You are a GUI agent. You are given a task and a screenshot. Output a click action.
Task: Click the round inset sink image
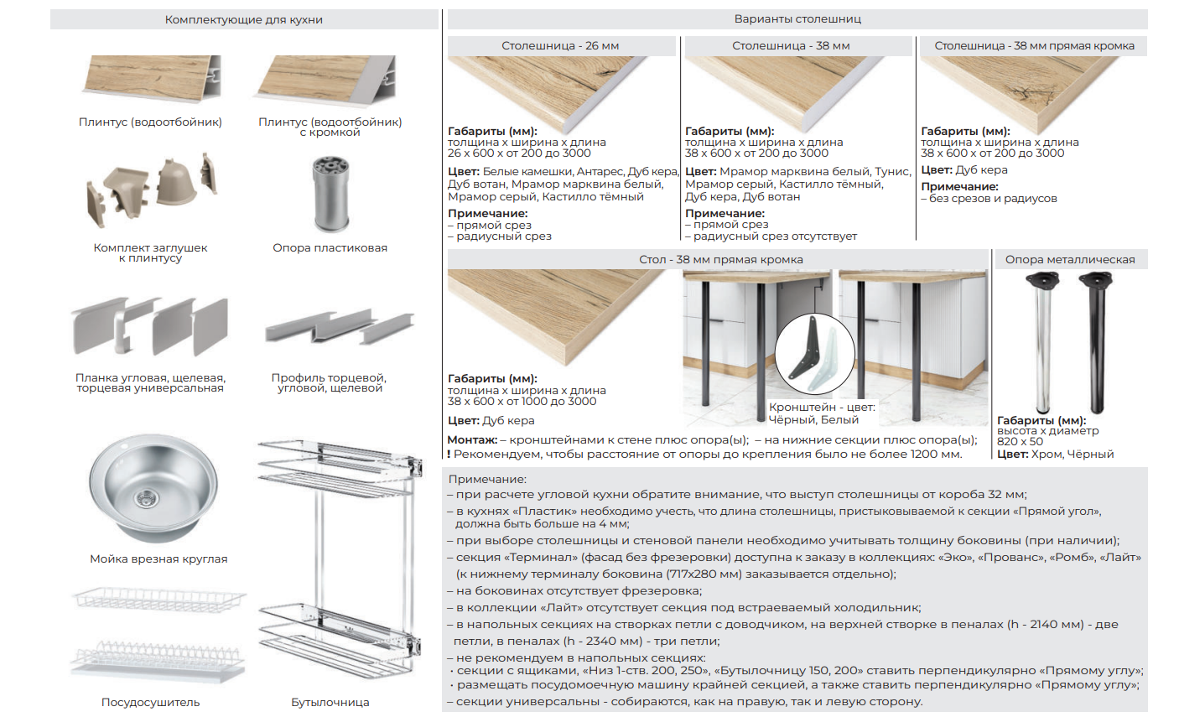(x=153, y=489)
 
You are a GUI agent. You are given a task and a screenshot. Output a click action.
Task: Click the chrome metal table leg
(x=1042, y=342)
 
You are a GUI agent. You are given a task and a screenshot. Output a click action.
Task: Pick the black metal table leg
(x=1096, y=342)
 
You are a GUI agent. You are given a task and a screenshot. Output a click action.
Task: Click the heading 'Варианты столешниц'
(x=797, y=19)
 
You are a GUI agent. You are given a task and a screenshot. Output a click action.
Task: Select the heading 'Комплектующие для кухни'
(x=244, y=20)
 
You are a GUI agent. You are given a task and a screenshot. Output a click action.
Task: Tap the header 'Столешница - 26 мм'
(x=560, y=46)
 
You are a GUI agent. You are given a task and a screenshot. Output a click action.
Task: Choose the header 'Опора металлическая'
(x=1070, y=259)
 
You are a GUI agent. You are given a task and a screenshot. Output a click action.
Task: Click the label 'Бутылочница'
(x=330, y=702)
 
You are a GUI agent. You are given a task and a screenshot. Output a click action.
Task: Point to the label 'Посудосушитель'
(x=151, y=702)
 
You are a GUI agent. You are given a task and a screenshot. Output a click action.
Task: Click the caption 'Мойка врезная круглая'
(x=158, y=559)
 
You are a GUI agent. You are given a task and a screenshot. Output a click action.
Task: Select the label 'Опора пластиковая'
(x=330, y=248)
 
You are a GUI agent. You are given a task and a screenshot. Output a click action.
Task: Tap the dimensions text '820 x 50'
(x=1020, y=442)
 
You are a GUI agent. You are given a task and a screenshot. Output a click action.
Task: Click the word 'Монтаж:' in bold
(x=472, y=440)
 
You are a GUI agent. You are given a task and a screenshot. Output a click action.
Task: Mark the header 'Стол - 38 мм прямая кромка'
(x=721, y=259)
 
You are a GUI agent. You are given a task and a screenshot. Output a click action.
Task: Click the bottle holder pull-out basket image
(x=340, y=559)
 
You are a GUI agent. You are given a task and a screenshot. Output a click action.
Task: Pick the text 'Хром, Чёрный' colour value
(x=1073, y=455)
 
